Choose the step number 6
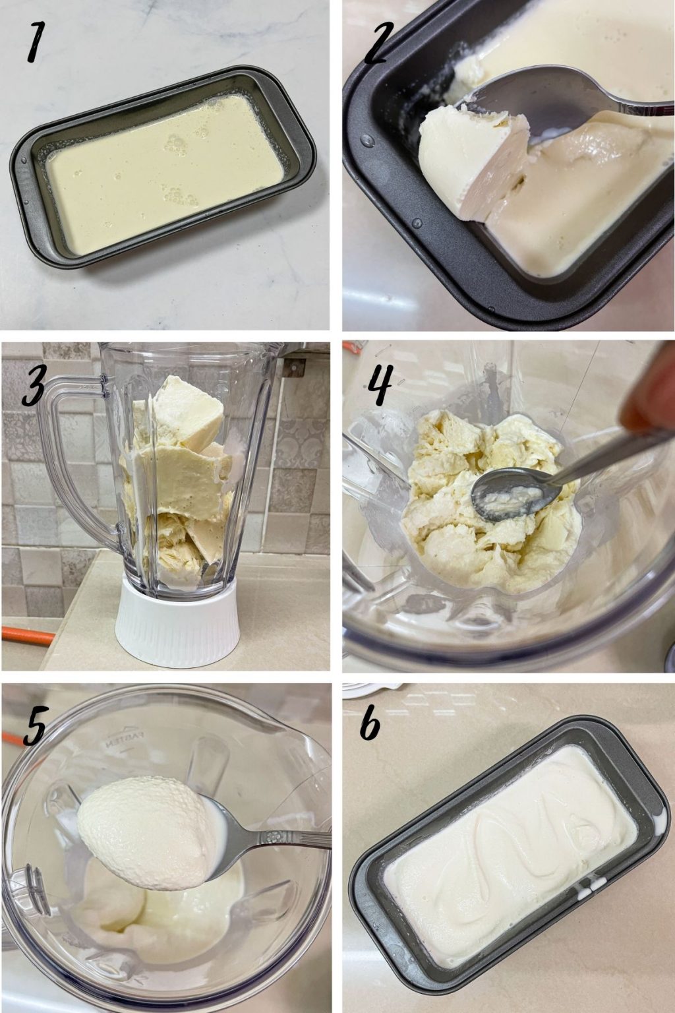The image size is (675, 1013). pos(370,725)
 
